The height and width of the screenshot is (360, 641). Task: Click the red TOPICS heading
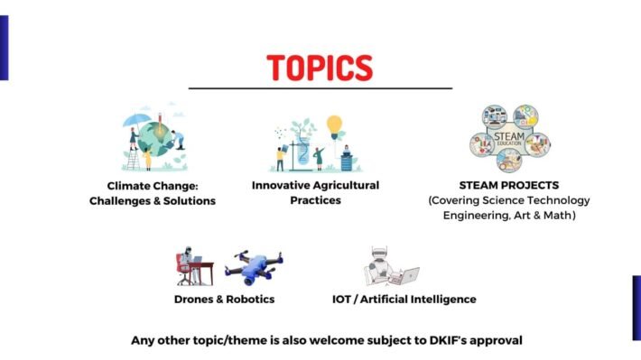320,68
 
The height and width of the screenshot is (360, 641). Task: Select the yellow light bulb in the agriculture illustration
335,123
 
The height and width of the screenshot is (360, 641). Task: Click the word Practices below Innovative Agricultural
315,199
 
